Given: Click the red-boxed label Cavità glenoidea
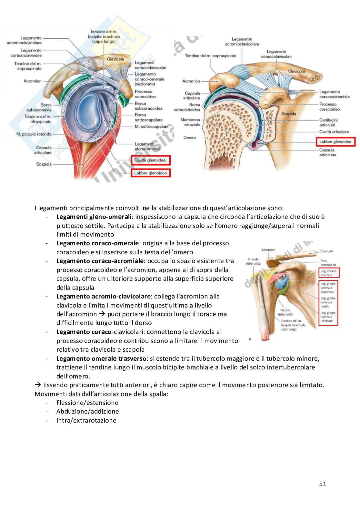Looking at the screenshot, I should (x=150, y=160).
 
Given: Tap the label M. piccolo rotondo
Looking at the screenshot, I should (x=34, y=134).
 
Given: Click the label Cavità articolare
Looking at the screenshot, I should (x=334, y=132).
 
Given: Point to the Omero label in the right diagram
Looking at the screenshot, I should (x=190, y=138).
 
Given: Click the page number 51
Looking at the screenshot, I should (x=323, y=484).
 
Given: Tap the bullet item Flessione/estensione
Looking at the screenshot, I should (x=87, y=403).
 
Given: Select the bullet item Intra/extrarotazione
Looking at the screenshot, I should (x=86, y=420).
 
